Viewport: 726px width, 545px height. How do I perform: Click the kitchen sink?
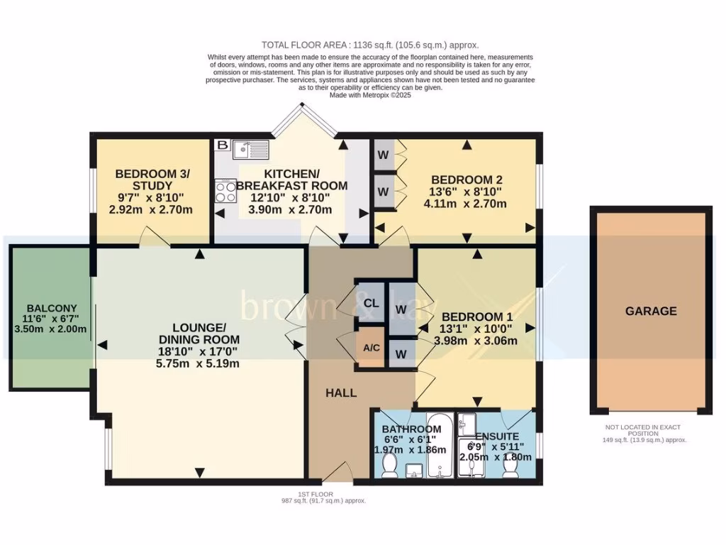click(x=250, y=149)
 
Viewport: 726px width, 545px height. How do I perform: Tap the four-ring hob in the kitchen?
click(x=226, y=191)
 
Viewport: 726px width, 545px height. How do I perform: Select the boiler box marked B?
click(x=222, y=145)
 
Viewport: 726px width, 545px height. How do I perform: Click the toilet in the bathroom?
click(x=389, y=465)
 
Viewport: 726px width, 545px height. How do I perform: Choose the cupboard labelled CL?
click(x=370, y=303)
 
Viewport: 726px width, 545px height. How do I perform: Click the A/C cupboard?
click(x=370, y=348)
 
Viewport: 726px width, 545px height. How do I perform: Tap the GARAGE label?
click(x=650, y=311)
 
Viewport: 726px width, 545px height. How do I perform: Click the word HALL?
click(x=341, y=393)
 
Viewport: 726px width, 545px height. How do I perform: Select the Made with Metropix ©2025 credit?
click(x=371, y=95)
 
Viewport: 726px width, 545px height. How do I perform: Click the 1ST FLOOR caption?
click(x=317, y=494)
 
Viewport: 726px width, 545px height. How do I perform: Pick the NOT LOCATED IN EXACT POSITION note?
click(x=642, y=430)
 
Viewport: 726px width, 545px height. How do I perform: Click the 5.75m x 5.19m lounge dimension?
click(x=199, y=364)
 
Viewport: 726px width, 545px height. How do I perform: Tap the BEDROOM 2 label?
click(x=462, y=180)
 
